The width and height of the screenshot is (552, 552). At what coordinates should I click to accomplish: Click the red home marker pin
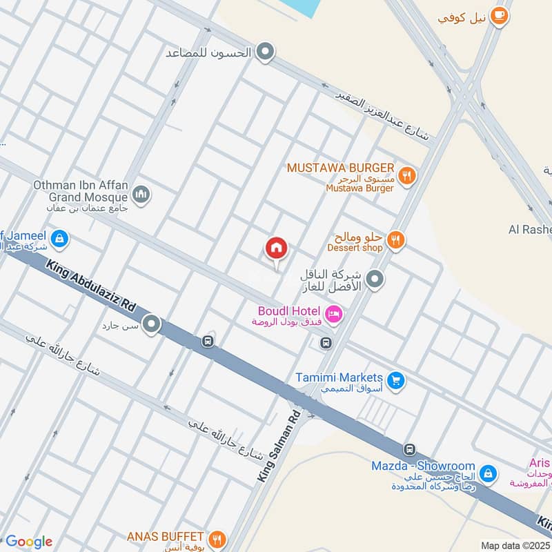click(277, 248)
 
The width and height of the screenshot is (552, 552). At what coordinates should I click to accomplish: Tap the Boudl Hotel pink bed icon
click(335, 315)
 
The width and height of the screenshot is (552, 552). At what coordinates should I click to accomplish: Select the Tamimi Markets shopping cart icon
click(395, 379)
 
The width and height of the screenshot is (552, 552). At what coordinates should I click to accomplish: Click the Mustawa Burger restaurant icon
click(407, 175)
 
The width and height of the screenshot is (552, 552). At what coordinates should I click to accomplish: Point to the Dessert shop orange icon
click(395, 240)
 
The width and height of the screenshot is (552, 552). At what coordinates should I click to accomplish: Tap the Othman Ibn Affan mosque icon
click(141, 195)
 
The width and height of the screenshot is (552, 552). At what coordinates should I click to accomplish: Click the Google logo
click(28, 541)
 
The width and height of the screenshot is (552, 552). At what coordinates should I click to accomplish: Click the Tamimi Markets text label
click(338, 377)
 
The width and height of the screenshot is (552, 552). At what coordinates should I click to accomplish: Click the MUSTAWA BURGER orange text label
click(341, 168)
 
